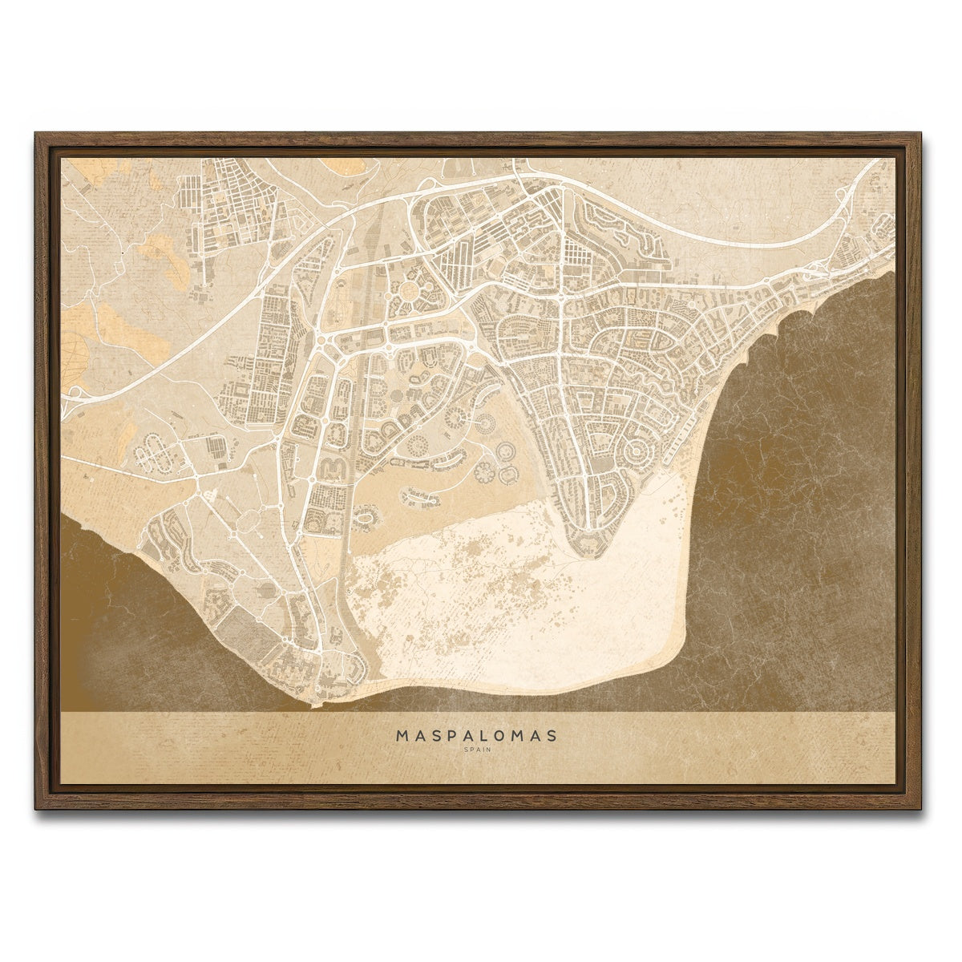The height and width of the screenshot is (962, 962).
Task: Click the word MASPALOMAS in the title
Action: click(x=478, y=734)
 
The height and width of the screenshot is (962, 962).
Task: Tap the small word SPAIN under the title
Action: click(x=478, y=750)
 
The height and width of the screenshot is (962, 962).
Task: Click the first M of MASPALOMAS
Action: click(x=401, y=734)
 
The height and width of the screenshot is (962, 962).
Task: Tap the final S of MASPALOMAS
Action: click(x=556, y=734)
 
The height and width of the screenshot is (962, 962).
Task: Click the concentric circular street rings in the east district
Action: click(x=638, y=451)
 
